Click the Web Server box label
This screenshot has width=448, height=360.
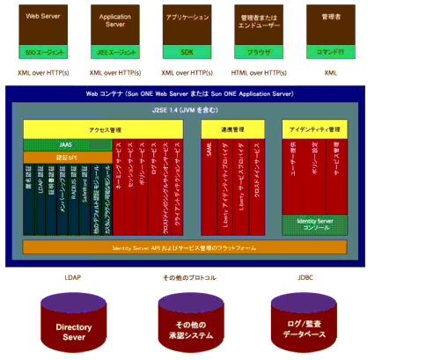(x=42, y=17)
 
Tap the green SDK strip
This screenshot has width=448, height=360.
(x=187, y=52)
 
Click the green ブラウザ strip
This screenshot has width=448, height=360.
(x=258, y=52)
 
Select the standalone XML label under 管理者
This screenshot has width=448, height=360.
(x=330, y=75)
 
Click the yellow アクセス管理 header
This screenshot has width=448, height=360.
(x=103, y=129)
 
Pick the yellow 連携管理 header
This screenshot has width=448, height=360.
(x=232, y=129)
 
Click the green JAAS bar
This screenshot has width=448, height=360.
(x=66, y=144)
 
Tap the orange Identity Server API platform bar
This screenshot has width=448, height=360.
(x=184, y=248)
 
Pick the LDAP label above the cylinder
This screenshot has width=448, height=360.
(x=73, y=278)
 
